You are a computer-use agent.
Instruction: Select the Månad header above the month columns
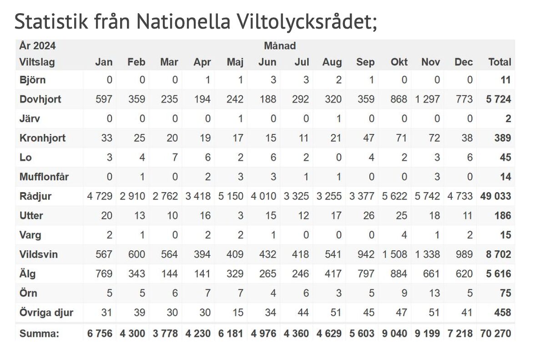pyautogui.click(x=280, y=46)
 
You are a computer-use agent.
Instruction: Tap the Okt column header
pyautogui.click(x=399, y=62)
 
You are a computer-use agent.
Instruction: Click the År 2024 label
pyautogui.click(x=37, y=46)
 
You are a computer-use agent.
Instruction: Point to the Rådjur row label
pyautogui.click(x=35, y=196)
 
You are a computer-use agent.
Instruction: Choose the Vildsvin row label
pyautogui.click(x=39, y=255)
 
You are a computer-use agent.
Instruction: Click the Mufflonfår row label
pyautogui.click(x=44, y=177)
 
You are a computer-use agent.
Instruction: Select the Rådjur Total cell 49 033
pyautogui.click(x=495, y=196)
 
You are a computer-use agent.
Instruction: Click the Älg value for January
pyautogui.click(x=103, y=274)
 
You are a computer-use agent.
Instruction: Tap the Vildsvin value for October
pyautogui.click(x=394, y=255)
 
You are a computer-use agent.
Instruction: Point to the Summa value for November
pyautogui.click(x=427, y=334)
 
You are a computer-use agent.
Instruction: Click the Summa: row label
pyautogui.click(x=39, y=334)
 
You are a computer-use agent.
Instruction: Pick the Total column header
pyautogui.click(x=500, y=62)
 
